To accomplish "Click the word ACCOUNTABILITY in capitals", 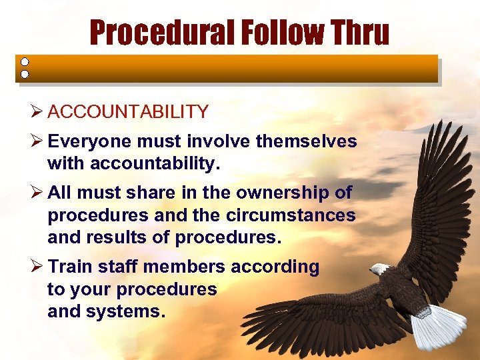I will (128, 112).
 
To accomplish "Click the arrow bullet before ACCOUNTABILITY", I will (36, 112).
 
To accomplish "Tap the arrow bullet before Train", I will (36, 267).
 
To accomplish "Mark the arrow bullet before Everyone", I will (36, 142).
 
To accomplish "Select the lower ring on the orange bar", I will (24, 74).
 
